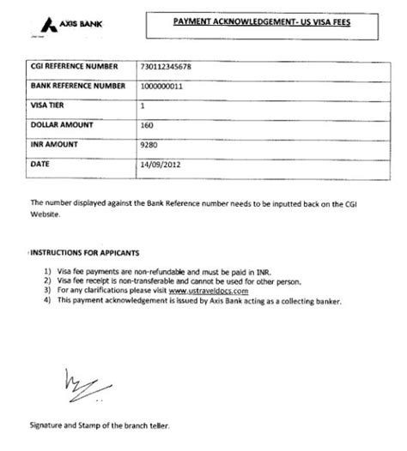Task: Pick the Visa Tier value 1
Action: pos(142,105)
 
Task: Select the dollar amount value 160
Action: pos(148,125)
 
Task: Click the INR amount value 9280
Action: pos(150,144)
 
